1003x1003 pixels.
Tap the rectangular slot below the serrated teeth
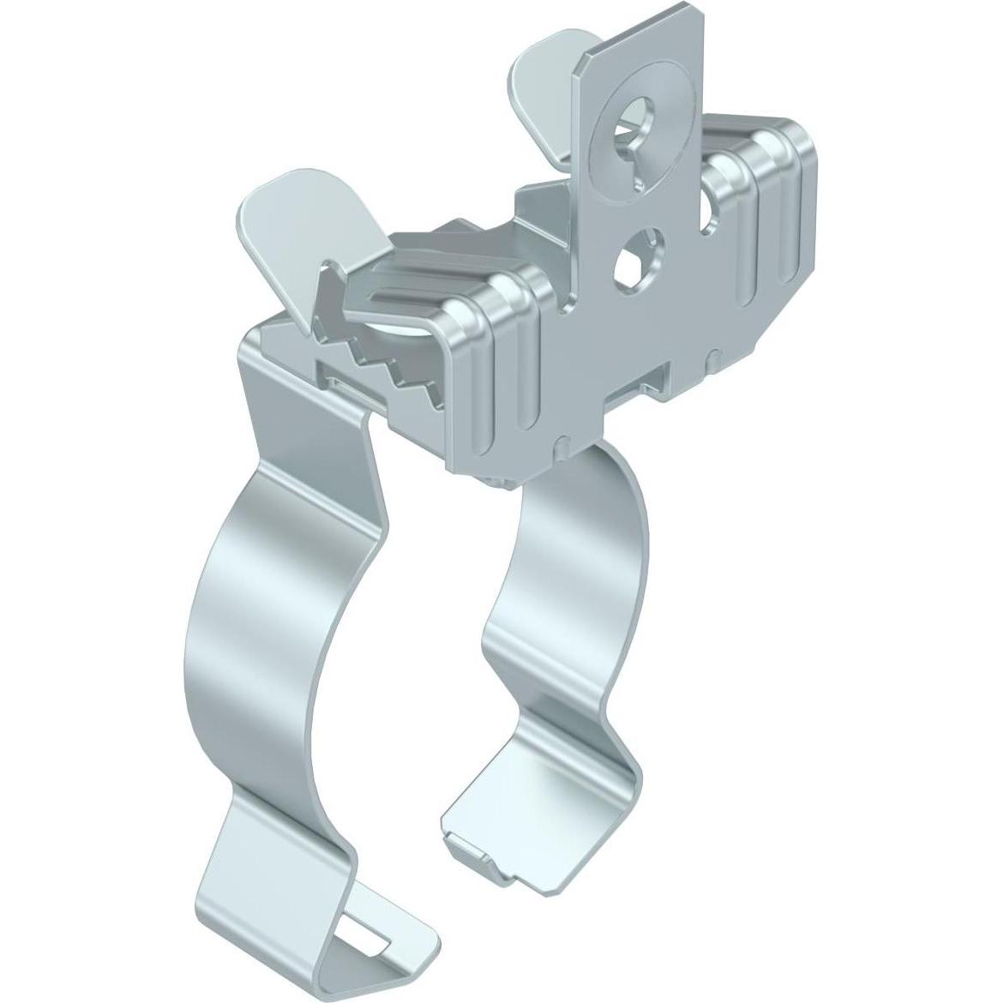click(x=343, y=381)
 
